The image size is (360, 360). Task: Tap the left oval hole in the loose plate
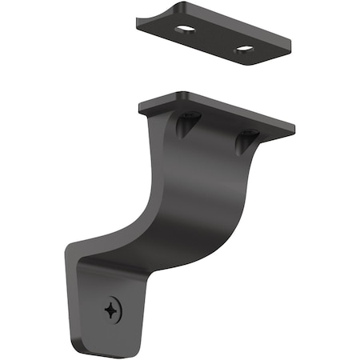[185, 29]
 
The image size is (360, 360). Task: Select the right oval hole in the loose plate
[243, 50]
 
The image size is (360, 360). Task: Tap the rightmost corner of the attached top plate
[294, 126]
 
